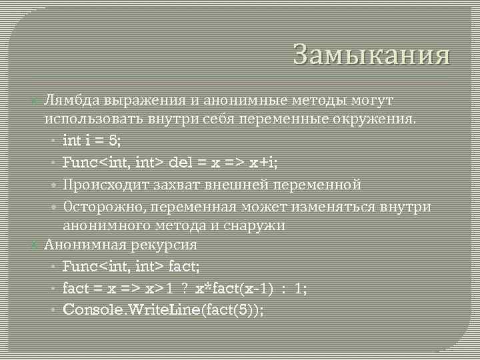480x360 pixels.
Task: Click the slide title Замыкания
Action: point(371,55)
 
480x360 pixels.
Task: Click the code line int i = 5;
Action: point(93,141)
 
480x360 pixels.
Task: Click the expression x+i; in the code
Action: point(263,162)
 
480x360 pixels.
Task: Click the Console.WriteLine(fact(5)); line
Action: point(163,310)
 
